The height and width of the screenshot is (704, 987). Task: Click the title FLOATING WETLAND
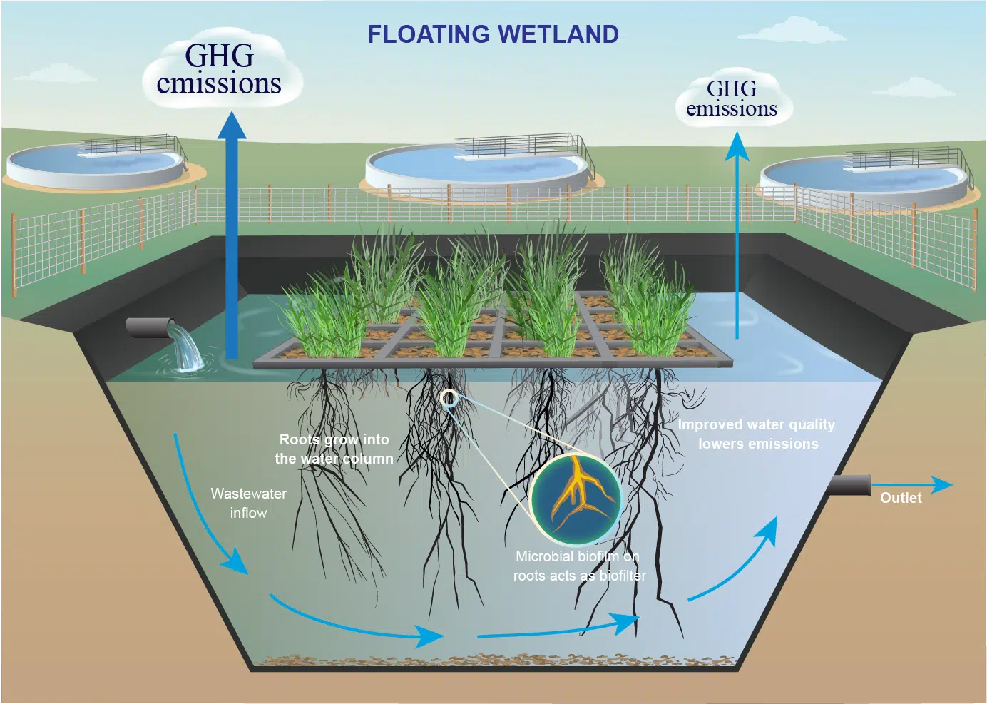493,34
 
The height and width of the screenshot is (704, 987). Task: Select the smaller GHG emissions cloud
732,99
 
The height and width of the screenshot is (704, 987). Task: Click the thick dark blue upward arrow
232,235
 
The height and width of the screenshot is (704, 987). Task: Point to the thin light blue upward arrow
737,235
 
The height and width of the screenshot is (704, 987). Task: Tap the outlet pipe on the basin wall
849,486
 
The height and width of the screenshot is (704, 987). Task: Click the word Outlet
901,498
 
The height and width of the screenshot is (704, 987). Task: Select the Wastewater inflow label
248,503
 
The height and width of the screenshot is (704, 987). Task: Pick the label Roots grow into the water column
334,449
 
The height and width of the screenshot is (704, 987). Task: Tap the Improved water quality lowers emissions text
757,434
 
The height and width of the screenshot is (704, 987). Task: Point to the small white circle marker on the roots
449,398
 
